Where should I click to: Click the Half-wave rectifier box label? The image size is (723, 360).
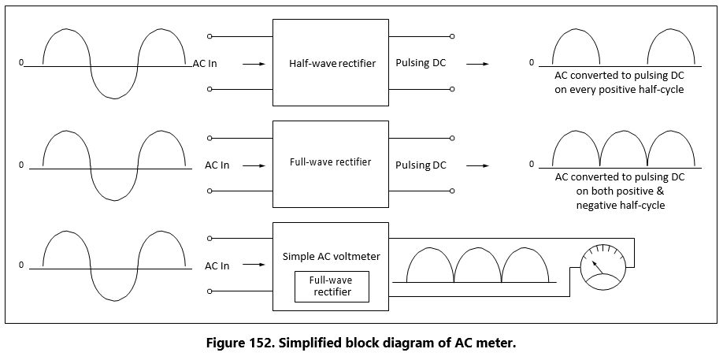tap(332, 63)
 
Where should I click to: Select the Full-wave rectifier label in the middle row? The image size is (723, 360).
tap(330, 163)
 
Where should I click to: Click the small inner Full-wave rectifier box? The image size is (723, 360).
tap(330, 286)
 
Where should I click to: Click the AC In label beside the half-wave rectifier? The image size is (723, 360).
tap(205, 63)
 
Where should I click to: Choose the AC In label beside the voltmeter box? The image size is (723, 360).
tap(217, 266)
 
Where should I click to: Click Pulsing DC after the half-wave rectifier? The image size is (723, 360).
tap(421, 63)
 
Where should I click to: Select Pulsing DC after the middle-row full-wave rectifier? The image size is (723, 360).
tap(421, 165)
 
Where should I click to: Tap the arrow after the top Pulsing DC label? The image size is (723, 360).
tap(476, 64)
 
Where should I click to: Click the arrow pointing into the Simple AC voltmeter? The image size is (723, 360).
tap(254, 266)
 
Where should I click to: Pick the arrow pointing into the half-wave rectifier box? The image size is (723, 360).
tap(254, 64)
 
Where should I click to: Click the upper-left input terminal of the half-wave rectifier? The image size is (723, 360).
tap(209, 36)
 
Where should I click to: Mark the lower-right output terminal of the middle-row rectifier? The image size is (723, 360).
tap(452, 191)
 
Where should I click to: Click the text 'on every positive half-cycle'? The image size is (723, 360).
tap(619, 90)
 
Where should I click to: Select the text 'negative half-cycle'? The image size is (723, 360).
tap(620, 206)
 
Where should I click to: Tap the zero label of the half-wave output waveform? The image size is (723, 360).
tap(531, 62)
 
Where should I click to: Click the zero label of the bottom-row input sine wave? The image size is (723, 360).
tap(22, 265)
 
